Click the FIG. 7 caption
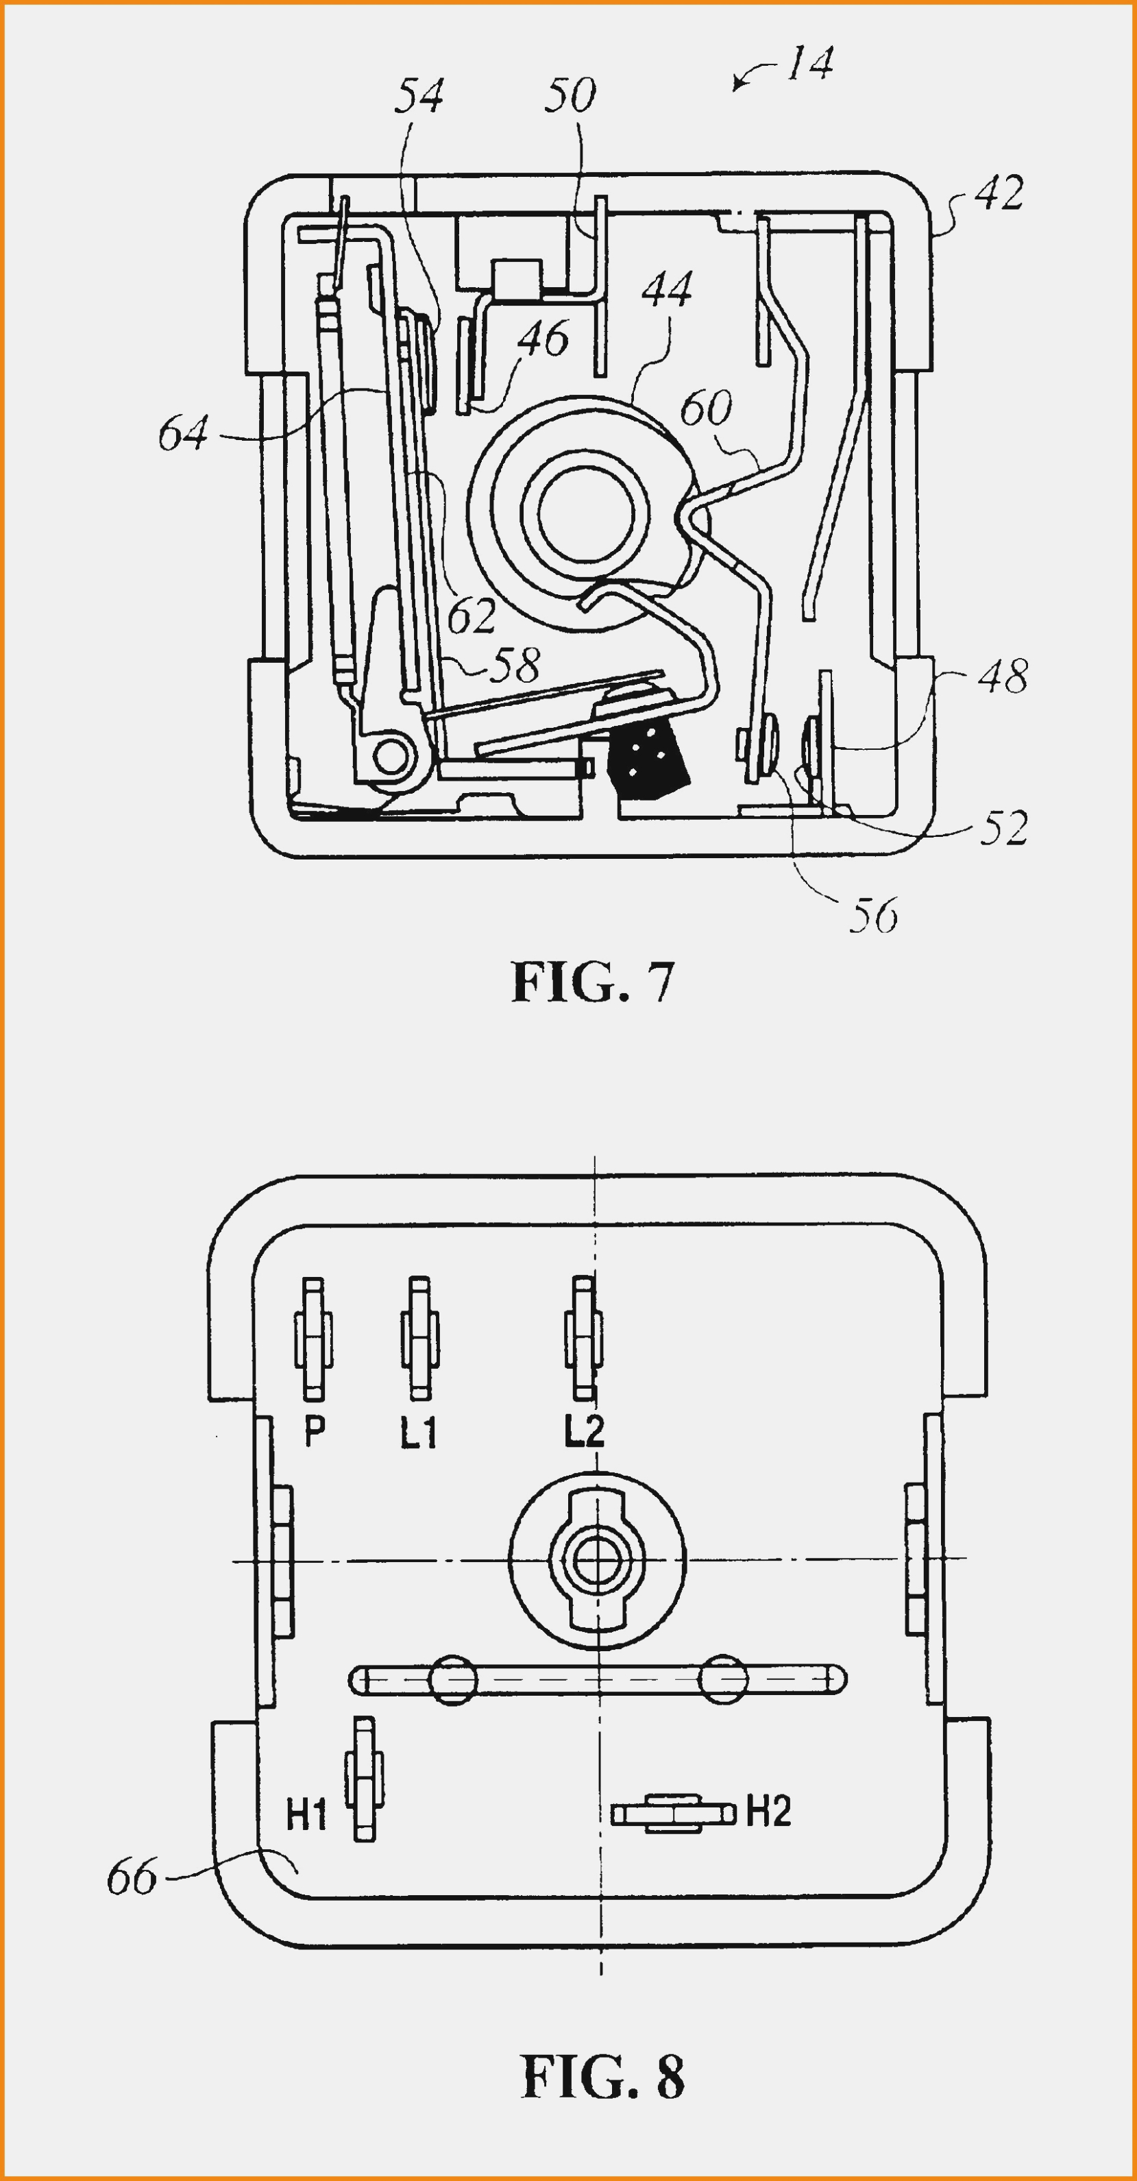[593, 982]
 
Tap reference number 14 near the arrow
[810, 64]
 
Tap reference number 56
[873, 916]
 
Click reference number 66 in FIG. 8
[132, 1878]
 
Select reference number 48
[1003, 677]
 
